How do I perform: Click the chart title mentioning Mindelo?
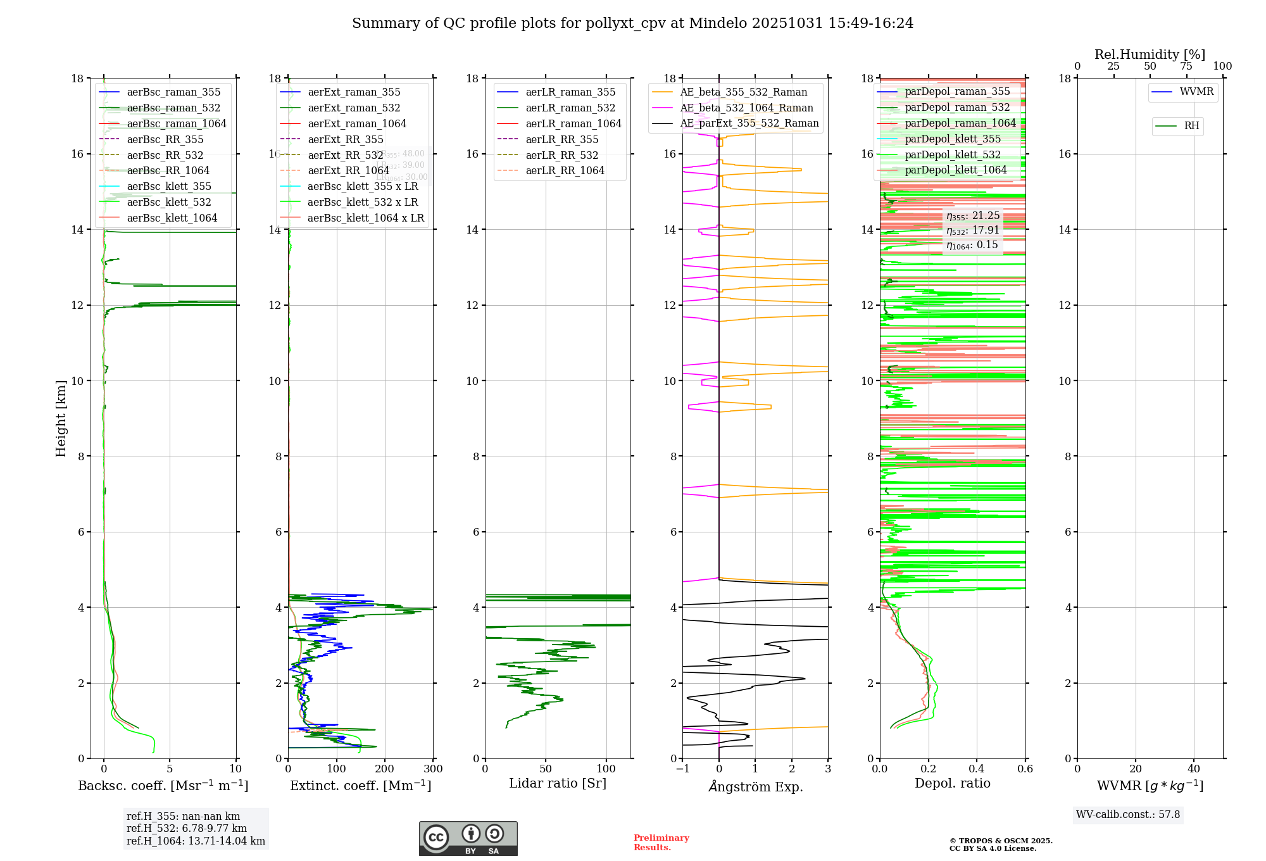(632, 23)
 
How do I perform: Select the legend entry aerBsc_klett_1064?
(172, 218)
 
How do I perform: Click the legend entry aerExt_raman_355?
(354, 92)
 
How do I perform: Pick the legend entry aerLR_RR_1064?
(565, 171)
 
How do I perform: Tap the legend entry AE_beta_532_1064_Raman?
(746, 108)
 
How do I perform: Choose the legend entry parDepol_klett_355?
(953, 139)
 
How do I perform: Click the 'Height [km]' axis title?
(61, 418)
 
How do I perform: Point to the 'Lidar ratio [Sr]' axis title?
(558, 784)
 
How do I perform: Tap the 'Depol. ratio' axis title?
(952, 784)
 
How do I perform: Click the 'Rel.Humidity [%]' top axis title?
(1150, 54)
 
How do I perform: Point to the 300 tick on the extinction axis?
(434, 769)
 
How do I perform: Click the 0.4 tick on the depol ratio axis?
(977, 769)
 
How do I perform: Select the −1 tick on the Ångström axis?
(682, 769)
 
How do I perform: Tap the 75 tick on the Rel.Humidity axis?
(1186, 66)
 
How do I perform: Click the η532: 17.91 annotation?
(973, 230)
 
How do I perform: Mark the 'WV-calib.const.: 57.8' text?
(1128, 815)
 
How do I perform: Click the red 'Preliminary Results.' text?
(661, 843)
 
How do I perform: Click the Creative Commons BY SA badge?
(468, 839)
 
